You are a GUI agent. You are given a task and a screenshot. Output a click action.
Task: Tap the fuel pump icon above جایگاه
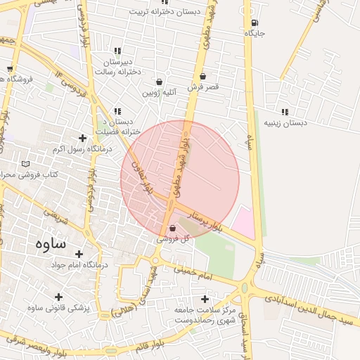(254, 22)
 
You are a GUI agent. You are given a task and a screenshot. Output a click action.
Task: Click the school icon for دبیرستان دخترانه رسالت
(117, 51)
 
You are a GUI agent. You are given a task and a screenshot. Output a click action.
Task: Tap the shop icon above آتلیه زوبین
(160, 82)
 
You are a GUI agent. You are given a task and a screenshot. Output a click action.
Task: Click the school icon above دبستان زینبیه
(285, 112)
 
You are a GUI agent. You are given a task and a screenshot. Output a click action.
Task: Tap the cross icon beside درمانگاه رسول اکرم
(83, 138)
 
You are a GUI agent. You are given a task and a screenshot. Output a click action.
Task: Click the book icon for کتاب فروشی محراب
(26, 164)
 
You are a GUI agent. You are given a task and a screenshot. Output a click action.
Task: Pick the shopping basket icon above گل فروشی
(173, 228)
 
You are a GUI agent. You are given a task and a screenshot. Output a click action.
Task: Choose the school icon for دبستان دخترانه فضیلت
(117, 110)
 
